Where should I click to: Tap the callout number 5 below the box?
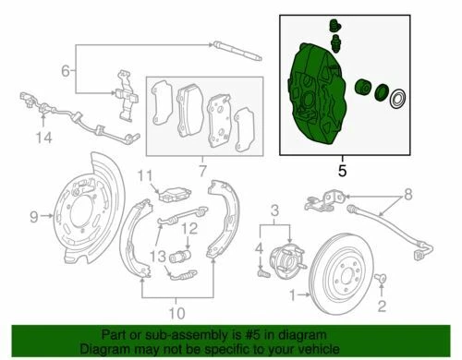tap(342, 171)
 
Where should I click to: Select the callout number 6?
tap(65, 70)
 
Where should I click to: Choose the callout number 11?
tap(142, 176)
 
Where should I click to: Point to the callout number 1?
tap(294, 298)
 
